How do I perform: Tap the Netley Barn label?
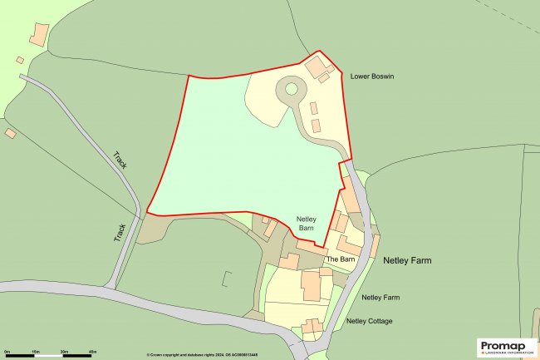(308, 226)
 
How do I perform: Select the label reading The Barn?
(341, 259)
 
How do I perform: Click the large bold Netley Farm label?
(407, 260)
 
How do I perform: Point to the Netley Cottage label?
(369, 321)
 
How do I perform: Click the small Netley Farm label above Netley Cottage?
(381, 297)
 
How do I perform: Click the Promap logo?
(507, 348)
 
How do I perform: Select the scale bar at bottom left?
(48, 356)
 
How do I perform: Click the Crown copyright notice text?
(211, 355)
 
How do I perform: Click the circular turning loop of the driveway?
(291, 88)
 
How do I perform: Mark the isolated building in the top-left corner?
(38, 35)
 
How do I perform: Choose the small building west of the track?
(11, 133)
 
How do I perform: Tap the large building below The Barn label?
(311, 285)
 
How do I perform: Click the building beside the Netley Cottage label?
(312, 326)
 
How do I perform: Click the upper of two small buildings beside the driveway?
(313, 108)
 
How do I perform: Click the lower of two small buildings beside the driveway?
(316, 126)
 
